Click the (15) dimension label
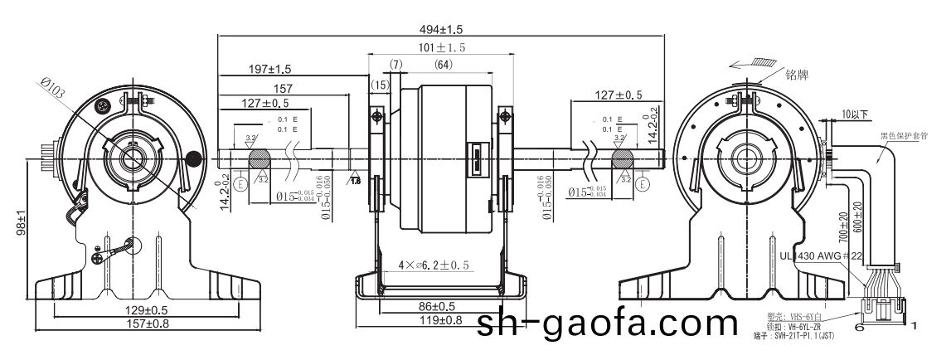click(x=380, y=85)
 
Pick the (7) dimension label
click(x=395, y=64)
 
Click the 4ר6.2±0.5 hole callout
click(x=434, y=265)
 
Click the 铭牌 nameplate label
click(x=796, y=75)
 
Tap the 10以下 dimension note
click(x=853, y=113)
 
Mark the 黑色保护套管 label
click(x=907, y=133)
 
